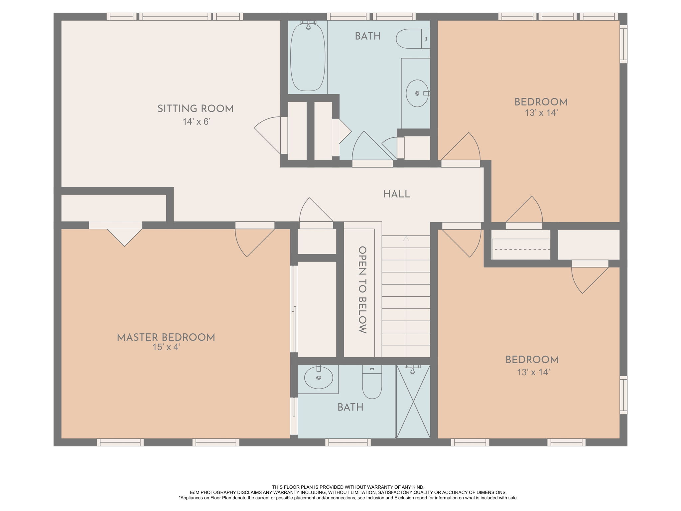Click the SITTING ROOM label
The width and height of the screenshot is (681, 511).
(x=196, y=109)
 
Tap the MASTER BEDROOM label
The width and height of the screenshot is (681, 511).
(x=166, y=337)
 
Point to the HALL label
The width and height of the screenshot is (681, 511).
(x=397, y=194)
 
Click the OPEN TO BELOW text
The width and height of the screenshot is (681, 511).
(x=362, y=290)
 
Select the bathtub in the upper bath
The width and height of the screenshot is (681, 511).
(x=308, y=57)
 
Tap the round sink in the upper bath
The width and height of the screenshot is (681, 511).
(x=417, y=93)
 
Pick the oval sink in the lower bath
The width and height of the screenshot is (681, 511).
(x=319, y=378)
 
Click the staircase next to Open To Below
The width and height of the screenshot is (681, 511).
(x=406, y=296)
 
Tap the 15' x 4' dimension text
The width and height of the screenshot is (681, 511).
(x=166, y=347)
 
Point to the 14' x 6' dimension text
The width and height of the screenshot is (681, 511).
(x=197, y=122)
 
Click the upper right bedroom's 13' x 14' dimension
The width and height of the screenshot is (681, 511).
(x=541, y=113)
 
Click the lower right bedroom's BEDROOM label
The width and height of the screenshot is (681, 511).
(x=532, y=360)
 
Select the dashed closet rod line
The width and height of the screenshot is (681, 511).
(x=521, y=249)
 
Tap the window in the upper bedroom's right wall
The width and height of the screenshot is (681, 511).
(x=623, y=44)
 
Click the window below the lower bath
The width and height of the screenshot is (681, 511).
(x=348, y=442)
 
